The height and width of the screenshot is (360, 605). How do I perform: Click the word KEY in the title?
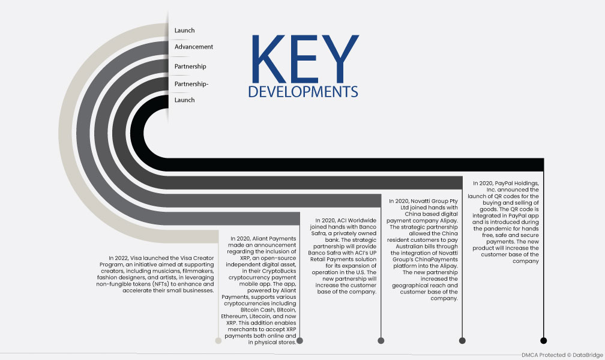[305, 59]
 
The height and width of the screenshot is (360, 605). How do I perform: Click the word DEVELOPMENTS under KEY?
[303, 92]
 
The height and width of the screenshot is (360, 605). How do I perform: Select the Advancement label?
[194, 47]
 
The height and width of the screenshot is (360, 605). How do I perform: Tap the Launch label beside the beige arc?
[184, 31]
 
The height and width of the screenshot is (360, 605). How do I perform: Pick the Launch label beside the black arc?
[184, 100]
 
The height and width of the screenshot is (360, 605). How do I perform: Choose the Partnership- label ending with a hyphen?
[191, 84]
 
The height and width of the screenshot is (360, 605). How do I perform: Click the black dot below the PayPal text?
[544, 340]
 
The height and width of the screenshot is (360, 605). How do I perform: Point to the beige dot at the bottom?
[218, 340]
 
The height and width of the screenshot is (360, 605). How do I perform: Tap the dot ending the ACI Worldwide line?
[381, 340]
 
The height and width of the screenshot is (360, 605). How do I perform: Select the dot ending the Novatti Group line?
[462, 340]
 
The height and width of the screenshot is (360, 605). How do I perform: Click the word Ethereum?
[234, 316]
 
